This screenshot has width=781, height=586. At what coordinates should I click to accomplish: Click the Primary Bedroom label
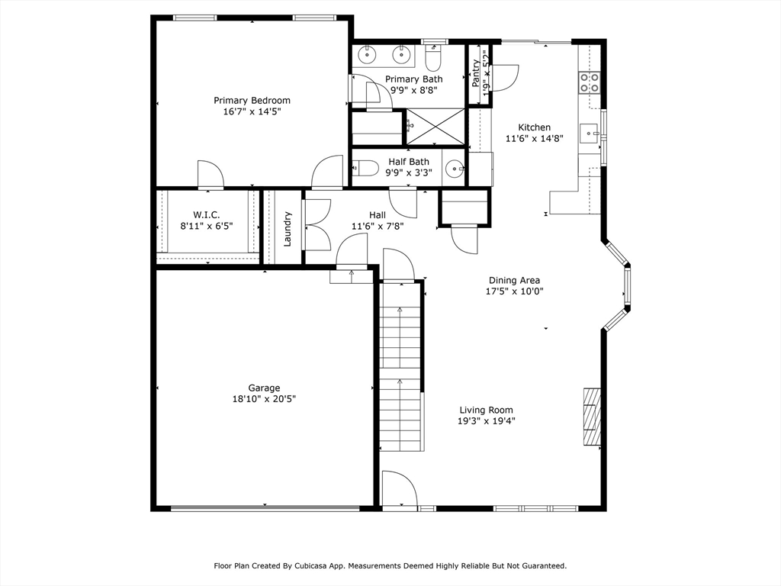(x=252, y=100)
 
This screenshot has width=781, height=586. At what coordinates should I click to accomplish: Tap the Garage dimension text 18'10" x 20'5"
(x=264, y=398)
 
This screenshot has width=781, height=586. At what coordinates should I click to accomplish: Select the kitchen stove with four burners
(x=588, y=82)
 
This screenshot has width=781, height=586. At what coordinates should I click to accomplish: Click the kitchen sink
(x=590, y=134)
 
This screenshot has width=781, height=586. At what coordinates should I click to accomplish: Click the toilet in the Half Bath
(x=365, y=168)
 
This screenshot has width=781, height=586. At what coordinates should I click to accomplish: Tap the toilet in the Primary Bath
(x=433, y=58)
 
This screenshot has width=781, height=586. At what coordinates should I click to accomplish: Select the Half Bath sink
(x=455, y=169)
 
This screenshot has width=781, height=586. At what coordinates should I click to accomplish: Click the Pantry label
(x=476, y=72)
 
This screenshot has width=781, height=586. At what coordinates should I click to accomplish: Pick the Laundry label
(x=288, y=228)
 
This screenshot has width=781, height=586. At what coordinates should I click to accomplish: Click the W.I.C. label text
(x=206, y=215)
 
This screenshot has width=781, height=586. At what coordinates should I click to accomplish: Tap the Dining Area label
(x=514, y=280)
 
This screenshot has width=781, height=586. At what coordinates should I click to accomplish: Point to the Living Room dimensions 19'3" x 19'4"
(x=487, y=420)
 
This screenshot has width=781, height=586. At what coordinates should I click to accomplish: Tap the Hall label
(x=377, y=215)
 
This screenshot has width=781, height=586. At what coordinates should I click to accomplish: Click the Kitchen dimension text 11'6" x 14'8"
(x=534, y=138)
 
